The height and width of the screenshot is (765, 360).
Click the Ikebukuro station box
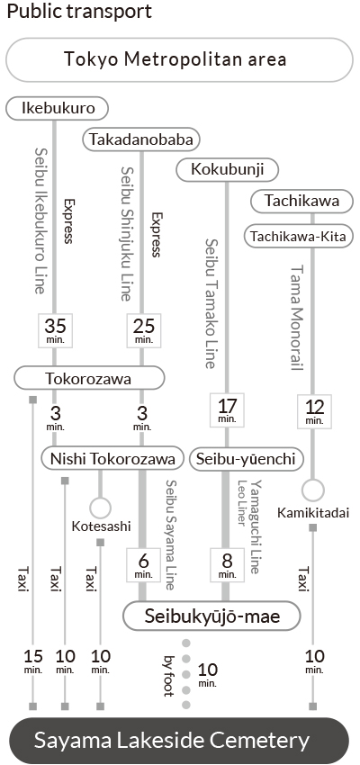(x=57, y=108)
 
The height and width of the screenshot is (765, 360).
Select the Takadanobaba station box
(x=141, y=140)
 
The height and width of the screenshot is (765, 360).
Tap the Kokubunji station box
(x=228, y=170)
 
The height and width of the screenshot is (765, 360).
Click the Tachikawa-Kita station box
(x=298, y=237)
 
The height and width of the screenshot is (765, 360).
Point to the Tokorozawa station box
(x=89, y=378)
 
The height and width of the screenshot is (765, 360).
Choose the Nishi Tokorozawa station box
(x=112, y=459)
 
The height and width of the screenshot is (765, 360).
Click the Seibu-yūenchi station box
(x=247, y=459)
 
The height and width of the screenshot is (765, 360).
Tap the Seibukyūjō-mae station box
(x=211, y=616)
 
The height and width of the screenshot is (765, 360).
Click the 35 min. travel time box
(x=55, y=330)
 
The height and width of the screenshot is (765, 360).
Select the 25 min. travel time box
(x=143, y=330)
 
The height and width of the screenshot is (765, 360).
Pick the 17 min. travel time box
(x=227, y=410)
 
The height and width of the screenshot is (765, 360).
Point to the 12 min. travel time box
(x=314, y=410)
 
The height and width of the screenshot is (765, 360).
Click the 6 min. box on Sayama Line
(x=143, y=565)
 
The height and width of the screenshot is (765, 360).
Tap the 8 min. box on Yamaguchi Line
(x=227, y=565)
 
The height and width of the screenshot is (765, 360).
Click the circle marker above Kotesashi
(x=101, y=508)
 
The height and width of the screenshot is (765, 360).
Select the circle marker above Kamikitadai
(x=312, y=490)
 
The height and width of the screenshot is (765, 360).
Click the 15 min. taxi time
(x=33, y=661)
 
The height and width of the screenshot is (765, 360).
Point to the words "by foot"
(x=169, y=675)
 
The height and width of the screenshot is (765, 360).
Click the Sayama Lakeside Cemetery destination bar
(x=178, y=741)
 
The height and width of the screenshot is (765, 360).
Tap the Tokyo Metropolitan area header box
(x=179, y=60)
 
